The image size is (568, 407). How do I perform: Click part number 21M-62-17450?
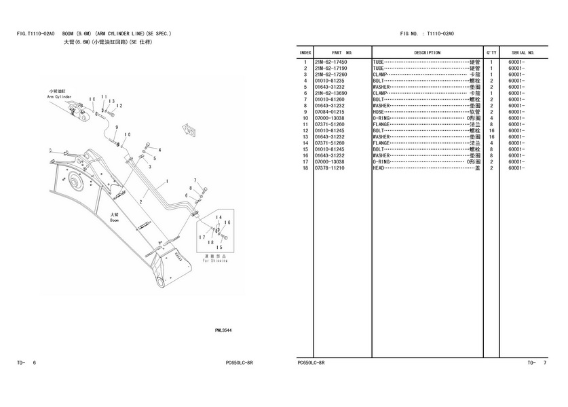point(330,62)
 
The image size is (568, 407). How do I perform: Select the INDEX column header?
point(305,52)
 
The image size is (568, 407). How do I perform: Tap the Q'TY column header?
point(491,52)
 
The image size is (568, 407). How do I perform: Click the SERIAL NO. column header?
point(523,52)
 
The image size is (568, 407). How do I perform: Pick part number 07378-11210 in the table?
point(330,168)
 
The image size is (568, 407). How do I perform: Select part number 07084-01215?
point(330,112)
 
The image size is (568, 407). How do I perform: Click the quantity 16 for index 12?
point(491,130)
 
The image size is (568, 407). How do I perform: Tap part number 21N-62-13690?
point(330,94)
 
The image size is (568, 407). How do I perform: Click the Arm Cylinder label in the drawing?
point(59,96)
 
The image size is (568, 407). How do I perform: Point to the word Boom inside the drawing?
point(115,220)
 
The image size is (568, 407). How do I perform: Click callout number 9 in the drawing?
point(117,128)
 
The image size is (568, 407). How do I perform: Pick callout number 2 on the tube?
point(141,201)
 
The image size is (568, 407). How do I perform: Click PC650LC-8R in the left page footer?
point(239,363)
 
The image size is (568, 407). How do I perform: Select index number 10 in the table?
point(306,118)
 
